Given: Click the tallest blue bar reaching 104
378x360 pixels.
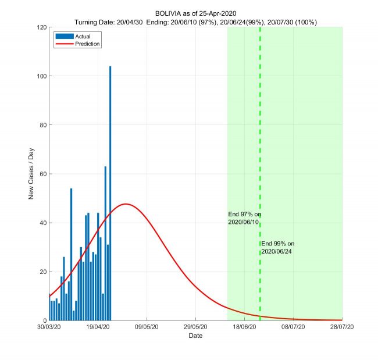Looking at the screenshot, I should [110, 192].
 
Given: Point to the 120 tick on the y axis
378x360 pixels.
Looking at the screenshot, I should [42, 27].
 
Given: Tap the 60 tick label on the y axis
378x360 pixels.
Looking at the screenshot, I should [43, 174].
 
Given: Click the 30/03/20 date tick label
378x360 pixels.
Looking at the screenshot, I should [49, 327].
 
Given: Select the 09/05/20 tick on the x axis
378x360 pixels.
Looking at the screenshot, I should [147, 327].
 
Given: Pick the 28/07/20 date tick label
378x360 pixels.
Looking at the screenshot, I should [342, 327].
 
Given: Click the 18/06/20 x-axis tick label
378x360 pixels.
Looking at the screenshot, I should [244, 327].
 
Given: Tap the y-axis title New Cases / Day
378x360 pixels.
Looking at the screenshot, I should [31, 174].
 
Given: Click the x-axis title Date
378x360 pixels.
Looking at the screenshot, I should [195, 336].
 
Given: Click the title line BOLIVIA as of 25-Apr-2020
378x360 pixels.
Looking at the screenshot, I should [196, 13].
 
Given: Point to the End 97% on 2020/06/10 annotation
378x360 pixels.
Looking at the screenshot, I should [244, 218].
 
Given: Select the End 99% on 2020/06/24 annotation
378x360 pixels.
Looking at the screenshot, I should [278, 247].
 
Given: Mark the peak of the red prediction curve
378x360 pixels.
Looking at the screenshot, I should [125, 204].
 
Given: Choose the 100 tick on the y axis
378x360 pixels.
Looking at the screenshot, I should [42, 76].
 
